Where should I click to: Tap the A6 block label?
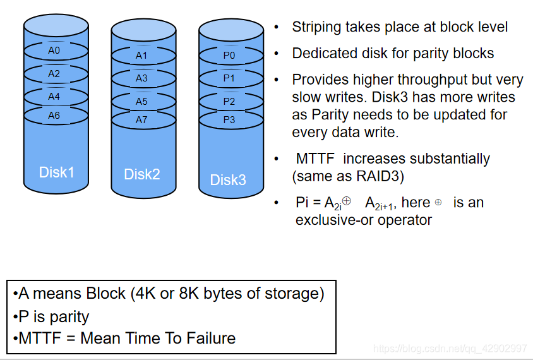point(54,116)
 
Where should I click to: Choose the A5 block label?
point(141,101)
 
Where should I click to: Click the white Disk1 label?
point(56,172)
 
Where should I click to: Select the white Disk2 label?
point(141,174)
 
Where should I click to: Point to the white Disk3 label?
point(228,180)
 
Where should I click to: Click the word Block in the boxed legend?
point(105,294)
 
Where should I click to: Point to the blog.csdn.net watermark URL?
point(450,349)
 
